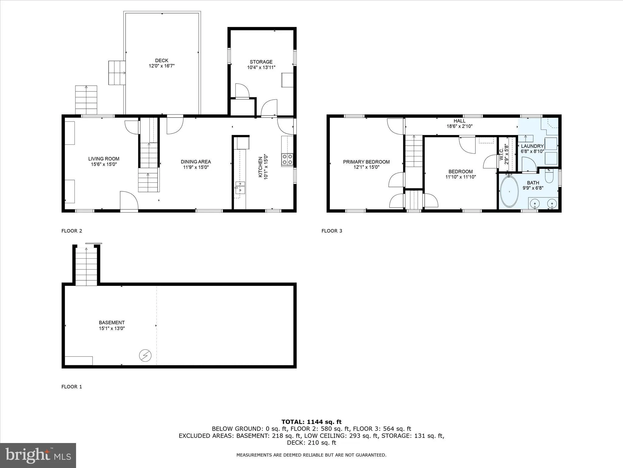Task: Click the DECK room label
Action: coord(162,60)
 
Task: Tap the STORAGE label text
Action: coord(261,62)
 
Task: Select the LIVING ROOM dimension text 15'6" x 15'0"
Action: coord(104,164)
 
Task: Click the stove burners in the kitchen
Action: coord(287,159)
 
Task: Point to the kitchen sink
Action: coord(240,187)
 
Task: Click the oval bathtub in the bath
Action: coord(510,192)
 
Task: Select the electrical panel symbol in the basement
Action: coord(145,355)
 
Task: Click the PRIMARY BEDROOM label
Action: coord(366,162)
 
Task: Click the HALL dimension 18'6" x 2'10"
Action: coord(459,126)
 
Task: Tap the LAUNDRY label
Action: coord(532,146)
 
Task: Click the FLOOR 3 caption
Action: coord(332,231)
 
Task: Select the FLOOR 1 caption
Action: coord(72,387)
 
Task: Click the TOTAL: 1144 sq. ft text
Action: coord(311,422)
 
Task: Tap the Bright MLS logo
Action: coord(38,455)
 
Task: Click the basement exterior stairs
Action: coord(86,267)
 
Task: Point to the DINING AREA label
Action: coord(196,162)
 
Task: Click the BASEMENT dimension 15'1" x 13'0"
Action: coord(112,328)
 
